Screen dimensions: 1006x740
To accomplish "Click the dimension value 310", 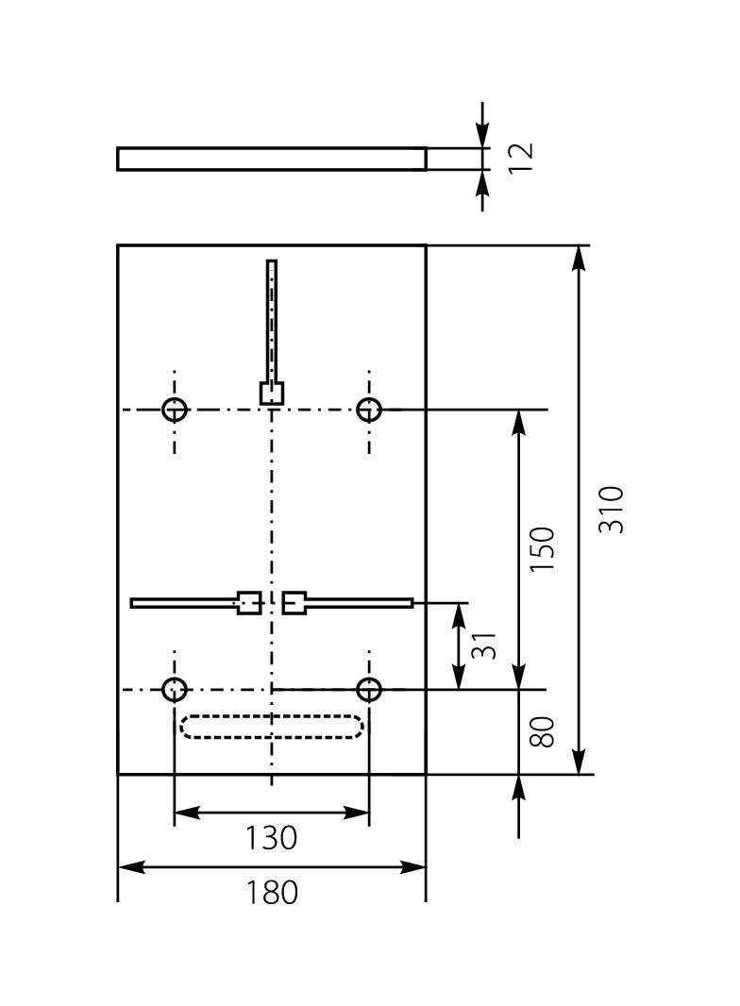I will click(x=613, y=510).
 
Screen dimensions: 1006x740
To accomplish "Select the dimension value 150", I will click(x=542, y=549).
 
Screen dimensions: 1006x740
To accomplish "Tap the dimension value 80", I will click(x=542, y=731).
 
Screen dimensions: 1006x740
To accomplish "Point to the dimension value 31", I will click(x=482, y=646).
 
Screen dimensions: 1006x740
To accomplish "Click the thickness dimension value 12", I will click(x=520, y=156).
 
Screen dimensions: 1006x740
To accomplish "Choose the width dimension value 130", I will click(x=271, y=837).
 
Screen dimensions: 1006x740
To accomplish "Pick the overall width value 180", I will click(x=272, y=892).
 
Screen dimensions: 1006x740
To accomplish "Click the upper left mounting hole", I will click(x=175, y=410).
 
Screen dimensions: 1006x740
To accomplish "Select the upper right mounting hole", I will click(x=369, y=410).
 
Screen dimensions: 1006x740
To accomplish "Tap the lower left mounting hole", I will click(x=175, y=690).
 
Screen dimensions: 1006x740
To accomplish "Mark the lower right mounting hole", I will click(x=369, y=690).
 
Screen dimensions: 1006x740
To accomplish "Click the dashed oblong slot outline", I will click(x=271, y=727).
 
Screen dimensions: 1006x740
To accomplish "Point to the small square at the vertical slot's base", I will click(x=272, y=393).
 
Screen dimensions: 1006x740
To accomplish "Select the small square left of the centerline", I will click(x=248, y=602).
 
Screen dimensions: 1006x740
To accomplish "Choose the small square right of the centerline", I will click(x=294, y=602).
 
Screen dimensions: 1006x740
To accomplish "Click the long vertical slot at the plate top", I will click(x=272, y=321).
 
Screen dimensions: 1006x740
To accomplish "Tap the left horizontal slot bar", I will click(x=183, y=603).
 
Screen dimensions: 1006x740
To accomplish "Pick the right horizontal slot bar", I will click(x=360, y=603).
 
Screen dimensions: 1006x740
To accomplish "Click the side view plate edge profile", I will click(x=271, y=159).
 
